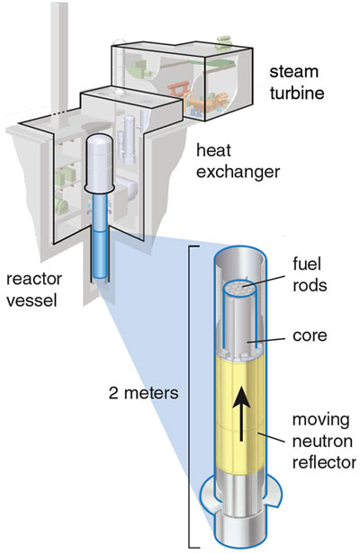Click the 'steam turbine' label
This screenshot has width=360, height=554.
[297, 83]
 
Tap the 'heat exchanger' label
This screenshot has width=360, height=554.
[238, 161]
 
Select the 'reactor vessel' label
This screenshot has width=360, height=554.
[34, 290]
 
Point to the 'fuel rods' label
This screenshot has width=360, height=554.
[310, 274]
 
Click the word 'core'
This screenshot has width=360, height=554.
[310, 335]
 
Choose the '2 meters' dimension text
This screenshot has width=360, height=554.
[144, 393]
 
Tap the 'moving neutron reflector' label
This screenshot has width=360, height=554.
[324, 441]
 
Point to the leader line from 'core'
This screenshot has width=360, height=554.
[266, 341]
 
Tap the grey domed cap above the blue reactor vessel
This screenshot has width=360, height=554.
[100, 162]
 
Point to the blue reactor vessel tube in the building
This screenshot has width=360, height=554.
[100, 237]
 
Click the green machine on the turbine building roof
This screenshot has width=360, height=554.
[223, 40]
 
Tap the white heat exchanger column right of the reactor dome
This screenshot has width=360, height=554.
[129, 138]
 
